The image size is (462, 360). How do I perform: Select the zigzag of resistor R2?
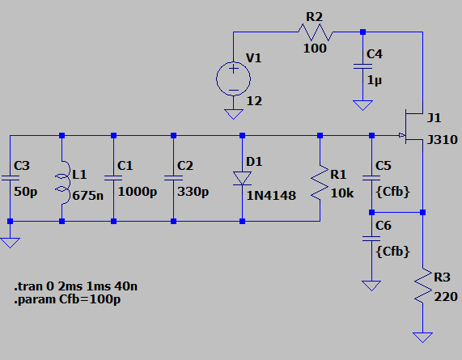point(316,32)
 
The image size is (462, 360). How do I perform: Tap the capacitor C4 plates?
point(363,66)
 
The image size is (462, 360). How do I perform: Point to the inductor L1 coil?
point(63,183)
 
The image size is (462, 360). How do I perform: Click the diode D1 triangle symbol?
point(242,179)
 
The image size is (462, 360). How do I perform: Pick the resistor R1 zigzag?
point(320,183)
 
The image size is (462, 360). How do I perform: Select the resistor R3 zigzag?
point(423,286)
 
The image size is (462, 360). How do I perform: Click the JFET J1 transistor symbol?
point(413,127)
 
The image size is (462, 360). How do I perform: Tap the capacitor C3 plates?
point(10,178)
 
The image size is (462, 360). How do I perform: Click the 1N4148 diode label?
point(271,196)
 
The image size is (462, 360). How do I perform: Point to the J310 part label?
point(443,140)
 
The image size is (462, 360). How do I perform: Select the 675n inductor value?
point(88,196)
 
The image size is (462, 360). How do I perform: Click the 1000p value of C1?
point(138,192)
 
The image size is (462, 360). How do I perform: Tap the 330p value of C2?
point(193,192)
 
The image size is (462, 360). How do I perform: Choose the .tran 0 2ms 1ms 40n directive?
point(75,286)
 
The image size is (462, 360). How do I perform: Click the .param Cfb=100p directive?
point(67,299)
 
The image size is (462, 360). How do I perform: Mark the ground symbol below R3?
point(423,337)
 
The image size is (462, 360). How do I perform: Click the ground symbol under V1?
point(233,114)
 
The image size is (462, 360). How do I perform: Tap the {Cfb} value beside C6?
point(393,252)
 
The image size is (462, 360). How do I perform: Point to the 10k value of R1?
point(342,193)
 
